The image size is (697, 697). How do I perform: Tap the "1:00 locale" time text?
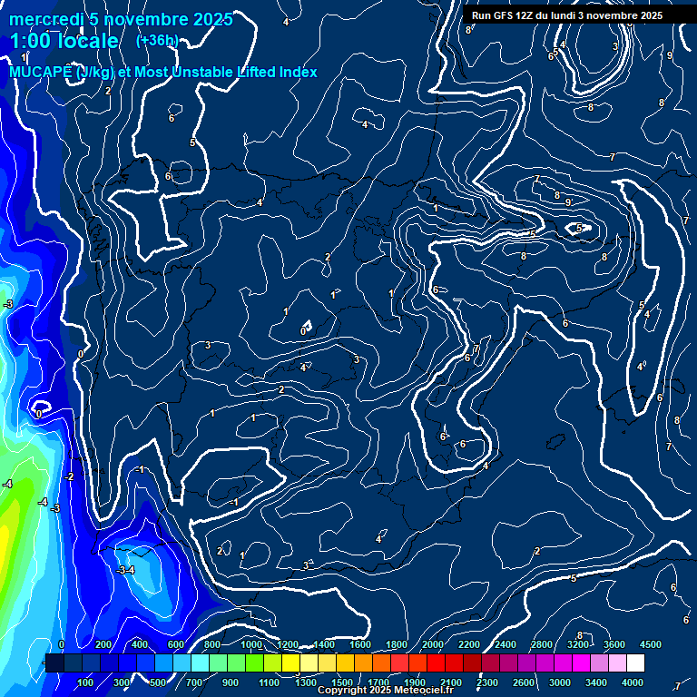(64, 41)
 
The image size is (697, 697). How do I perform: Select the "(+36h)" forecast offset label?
(157, 40)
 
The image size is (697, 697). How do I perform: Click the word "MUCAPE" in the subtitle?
(42, 72)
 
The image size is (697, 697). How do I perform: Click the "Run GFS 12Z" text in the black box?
(509, 15)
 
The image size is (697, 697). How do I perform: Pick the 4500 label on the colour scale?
(651, 644)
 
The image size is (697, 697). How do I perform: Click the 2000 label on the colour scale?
(433, 644)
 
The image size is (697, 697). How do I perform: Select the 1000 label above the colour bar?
(250, 644)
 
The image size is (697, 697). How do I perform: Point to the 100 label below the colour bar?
(85, 682)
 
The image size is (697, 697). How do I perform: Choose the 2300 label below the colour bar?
(486, 682)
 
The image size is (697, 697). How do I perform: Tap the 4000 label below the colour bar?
(633, 682)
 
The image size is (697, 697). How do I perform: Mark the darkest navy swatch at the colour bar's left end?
(54, 663)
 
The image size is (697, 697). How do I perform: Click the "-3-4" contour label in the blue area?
(126, 570)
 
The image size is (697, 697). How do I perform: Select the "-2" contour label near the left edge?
(69, 476)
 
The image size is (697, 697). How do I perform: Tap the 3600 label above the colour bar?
(614, 644)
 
